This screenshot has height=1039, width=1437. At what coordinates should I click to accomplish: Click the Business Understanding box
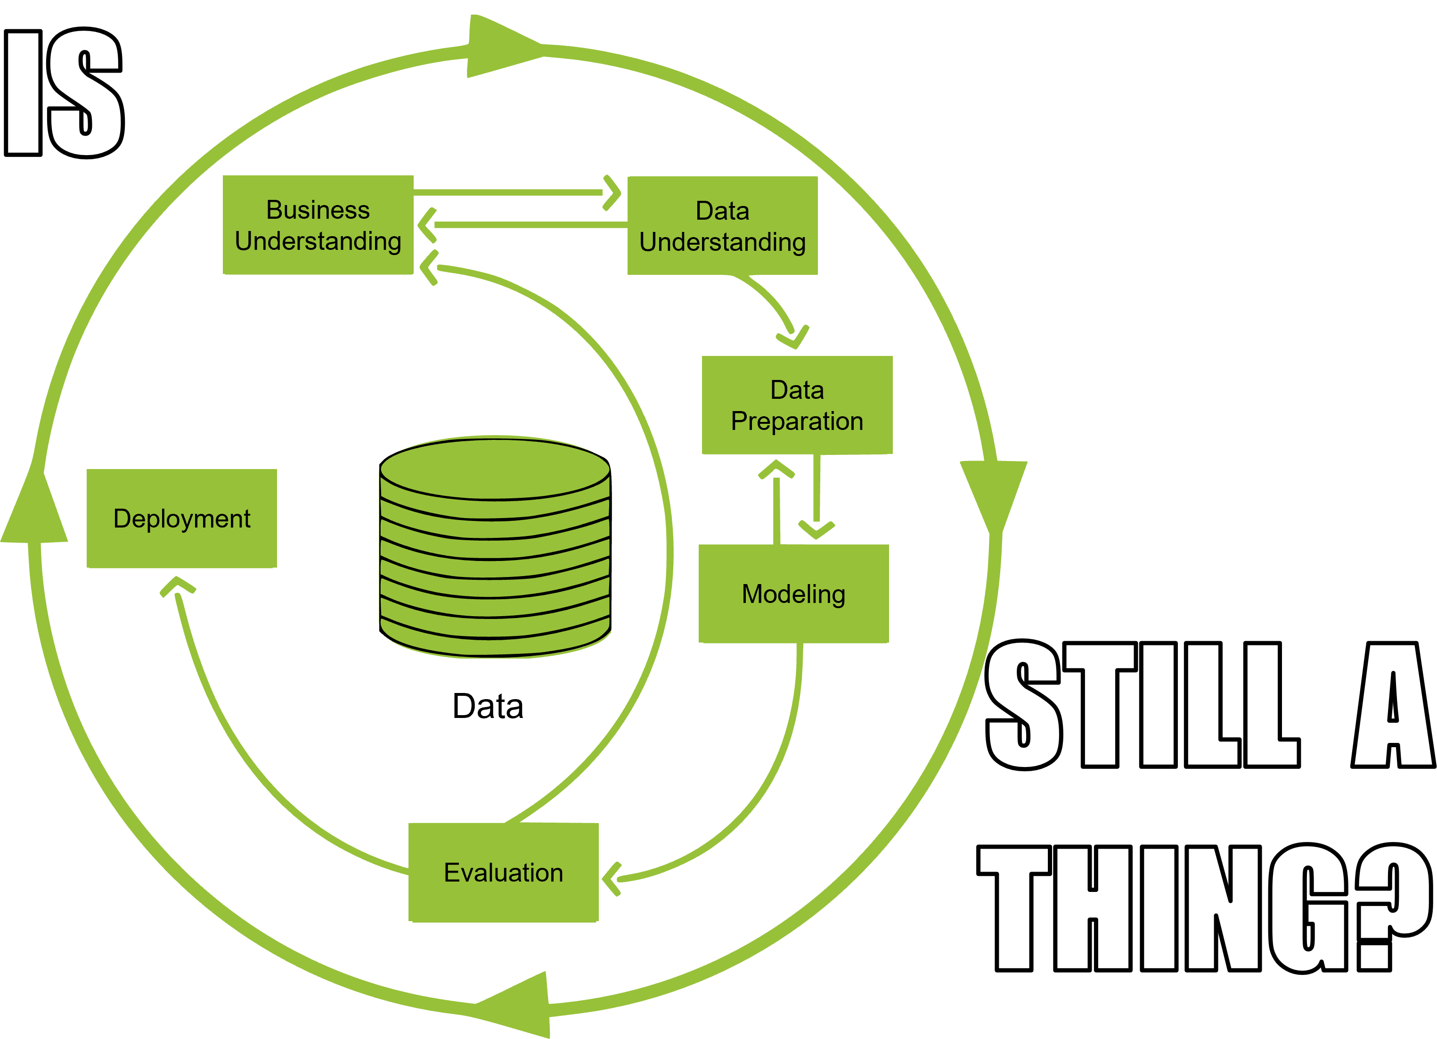point(318,225)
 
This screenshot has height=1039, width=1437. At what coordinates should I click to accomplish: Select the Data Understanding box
point(722,226)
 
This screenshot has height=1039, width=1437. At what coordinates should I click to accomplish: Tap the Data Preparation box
point(797,405)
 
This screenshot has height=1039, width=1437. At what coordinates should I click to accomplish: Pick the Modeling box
point(793,594)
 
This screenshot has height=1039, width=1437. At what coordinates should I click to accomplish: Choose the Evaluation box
point(503,872)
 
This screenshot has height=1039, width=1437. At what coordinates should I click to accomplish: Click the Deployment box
point(182,519)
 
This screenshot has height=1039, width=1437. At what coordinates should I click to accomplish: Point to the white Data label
point(488,706)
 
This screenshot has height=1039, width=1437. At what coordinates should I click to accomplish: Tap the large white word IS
point(63,92)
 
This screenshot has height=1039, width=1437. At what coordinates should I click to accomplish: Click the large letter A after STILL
point(1393,704)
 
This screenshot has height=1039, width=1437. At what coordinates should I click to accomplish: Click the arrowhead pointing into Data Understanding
point(612,192)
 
